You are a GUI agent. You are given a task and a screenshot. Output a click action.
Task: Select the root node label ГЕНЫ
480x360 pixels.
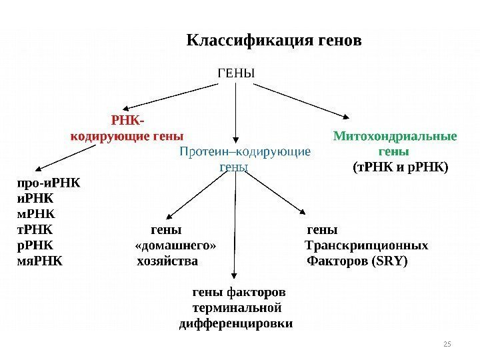click(x=236, y=71)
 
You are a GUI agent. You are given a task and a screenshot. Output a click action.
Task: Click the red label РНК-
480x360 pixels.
click(x=127, y=121)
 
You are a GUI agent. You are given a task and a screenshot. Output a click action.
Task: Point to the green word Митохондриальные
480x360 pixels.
click(x=395, y=137)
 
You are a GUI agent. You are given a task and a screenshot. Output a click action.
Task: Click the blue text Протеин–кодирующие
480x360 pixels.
click(x=245, y=152)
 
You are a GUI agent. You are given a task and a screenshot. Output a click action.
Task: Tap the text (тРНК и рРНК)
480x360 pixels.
click(x=401, y=166)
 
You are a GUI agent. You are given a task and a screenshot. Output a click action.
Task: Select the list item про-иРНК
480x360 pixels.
click(x=46, y=182)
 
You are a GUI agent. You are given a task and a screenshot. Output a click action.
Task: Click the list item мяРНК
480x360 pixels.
click(x=38, y=260)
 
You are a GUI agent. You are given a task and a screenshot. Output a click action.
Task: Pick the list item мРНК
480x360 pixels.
click(x=35, y=214)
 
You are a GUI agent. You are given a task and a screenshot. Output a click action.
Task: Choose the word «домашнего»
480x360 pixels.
click(x=175, y=245)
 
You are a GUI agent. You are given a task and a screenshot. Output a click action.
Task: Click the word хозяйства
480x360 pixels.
click(x=167, y=260)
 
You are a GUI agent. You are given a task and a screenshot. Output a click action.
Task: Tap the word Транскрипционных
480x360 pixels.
click(x=367, y=245)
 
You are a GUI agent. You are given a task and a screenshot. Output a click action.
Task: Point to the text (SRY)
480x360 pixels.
click(x=391, y=260)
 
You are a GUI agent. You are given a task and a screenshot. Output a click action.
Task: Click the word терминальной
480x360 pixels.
click(x=237, y=308)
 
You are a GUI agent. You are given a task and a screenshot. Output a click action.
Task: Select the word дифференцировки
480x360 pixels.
click(x=237, y=324)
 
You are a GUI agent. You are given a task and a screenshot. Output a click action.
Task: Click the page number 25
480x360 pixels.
click(x=447, y=343)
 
